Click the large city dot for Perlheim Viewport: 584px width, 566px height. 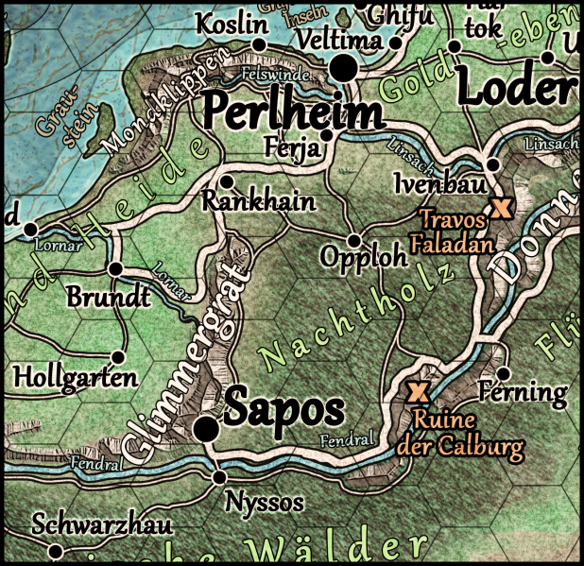pos(344,68)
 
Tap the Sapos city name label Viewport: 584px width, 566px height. pos(283,409)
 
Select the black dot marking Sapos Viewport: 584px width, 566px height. pos(204,430)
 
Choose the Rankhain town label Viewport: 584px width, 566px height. pos(258,201)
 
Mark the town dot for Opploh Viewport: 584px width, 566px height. pos(354,239)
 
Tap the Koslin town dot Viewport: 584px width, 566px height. pos(260,43)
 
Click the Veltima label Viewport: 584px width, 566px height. pos(338,42)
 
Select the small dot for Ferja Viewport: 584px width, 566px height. pos(326,135)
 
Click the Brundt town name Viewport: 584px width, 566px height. pos(108,297)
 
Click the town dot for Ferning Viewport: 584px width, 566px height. pos(503,372)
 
